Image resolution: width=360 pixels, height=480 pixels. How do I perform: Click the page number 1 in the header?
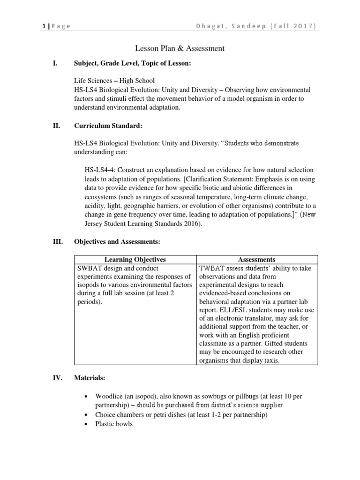click(x=43, y=26)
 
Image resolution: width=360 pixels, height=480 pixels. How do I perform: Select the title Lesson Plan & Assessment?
click(x=180, y=48)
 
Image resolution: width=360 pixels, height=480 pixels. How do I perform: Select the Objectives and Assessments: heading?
click(x=117, y=241)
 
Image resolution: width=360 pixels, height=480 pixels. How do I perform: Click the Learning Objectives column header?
click(x=135, y=259)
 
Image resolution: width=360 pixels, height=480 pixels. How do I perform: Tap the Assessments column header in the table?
click(x=257, y=259)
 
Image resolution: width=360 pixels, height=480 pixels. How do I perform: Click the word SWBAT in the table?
click(x=88, y=269)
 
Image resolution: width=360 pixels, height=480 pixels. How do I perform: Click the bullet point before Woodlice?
click(x=86, y=397)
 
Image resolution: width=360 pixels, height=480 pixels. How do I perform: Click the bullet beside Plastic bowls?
click(x=86, y=424)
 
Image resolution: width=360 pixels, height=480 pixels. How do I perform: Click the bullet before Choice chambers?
click(x=86, y=415)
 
